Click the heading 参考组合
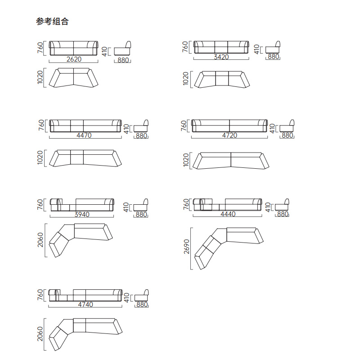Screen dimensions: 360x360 (x=52, y=21)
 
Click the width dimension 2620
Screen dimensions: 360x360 (x=74, y=59)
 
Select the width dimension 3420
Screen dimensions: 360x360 (x=221, y=57)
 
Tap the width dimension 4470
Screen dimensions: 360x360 (x=84, y=135)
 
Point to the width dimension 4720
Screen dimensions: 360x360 (x=229, y=135)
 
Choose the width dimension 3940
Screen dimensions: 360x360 (x=82, y=215)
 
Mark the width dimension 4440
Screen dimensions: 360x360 (x=228, y=214)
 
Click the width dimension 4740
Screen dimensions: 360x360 (x=85, y=305)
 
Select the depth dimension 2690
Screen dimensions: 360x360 (x=187, y=247)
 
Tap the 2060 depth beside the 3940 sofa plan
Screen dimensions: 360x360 (x=40, y=240)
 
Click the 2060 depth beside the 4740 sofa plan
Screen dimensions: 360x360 (x=40, y=334)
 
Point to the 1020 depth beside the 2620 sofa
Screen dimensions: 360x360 (x=40, y=77)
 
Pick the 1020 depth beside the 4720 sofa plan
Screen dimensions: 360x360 (x=186, y=160)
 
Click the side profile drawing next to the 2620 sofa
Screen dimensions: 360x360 (x=122, y=48)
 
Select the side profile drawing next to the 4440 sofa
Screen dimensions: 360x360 (x=282, y=205)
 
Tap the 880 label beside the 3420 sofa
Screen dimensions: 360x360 (x=273, y=57)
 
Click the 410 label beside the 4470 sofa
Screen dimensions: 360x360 (x=126, y=129)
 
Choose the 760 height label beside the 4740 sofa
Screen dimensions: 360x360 (x=40, y=295)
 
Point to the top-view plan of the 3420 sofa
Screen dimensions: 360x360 (x=222, y=80)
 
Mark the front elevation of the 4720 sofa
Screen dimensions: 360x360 (x=229, y=126)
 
